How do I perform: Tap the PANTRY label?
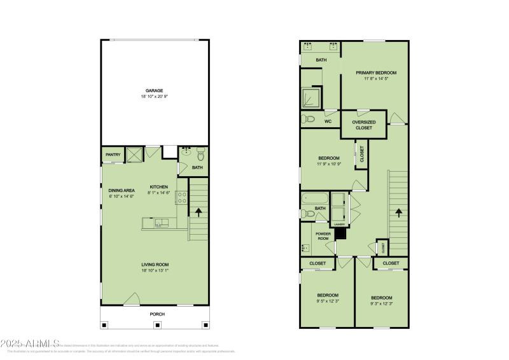tap(113, 155)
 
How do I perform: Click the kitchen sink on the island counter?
tap(160, 222)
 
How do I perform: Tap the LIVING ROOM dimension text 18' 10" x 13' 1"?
tap(155, 270)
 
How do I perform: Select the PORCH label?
tap(157, 314)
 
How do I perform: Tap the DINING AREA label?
tap(120, 190)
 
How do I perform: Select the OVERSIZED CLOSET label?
tap(364, 125)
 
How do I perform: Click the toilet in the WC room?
tap(310, 119)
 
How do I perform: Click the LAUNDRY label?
tap(337, 223)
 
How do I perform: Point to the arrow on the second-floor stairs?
tap(399, 213)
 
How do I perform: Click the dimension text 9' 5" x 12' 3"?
tap(328, 301)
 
